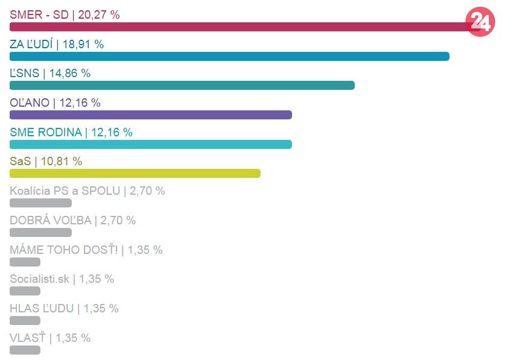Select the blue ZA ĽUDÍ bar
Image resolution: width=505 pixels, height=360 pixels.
229,56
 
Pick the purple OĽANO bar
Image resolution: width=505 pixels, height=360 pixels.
151,115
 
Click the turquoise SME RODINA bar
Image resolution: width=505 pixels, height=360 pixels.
151,145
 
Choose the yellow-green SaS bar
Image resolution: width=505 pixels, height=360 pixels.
135,174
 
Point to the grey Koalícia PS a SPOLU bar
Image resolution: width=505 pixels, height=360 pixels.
40,203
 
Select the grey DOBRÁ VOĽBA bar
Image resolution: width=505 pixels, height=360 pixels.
40,233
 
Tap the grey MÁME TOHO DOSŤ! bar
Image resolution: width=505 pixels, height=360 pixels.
25,262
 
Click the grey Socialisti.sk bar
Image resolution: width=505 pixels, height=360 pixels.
25,291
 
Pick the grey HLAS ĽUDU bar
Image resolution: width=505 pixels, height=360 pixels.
25,321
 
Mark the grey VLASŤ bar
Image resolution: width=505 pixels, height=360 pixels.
25,350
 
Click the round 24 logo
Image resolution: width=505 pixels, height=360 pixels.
480,22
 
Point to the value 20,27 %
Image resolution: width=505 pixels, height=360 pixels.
99,14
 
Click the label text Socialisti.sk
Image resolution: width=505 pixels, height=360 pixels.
40,279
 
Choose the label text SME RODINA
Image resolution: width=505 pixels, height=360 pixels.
46,132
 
